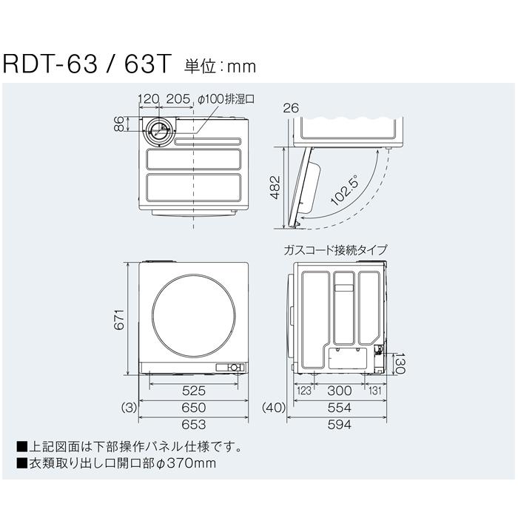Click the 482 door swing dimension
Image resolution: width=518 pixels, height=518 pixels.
pyautogui.click(x=274, y=187)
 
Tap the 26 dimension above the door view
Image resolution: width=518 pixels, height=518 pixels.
pyautogui.click(x=291, y=108)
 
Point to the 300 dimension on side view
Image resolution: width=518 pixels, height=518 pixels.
pyautogui.click(x=340, y=390)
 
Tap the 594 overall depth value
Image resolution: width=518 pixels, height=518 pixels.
pyautogui.click(x=340, y=425)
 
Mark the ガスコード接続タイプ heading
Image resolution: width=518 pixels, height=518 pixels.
pyautogui.click(x=334, y=250)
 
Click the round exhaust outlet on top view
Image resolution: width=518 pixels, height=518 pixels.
pyautogui.click(x=155, y=132)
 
